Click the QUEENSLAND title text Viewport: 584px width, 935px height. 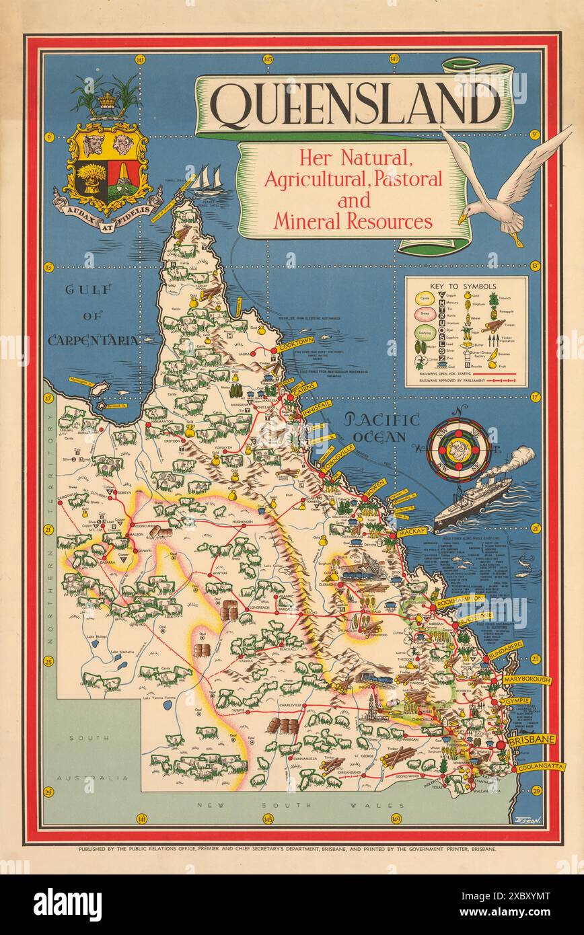coord(355,106)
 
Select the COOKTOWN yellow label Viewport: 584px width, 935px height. coord(295,343)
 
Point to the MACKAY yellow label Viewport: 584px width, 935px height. coord(412,532)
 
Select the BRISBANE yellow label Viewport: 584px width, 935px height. coord(532,740)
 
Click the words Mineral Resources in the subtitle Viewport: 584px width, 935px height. coord(353,221)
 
